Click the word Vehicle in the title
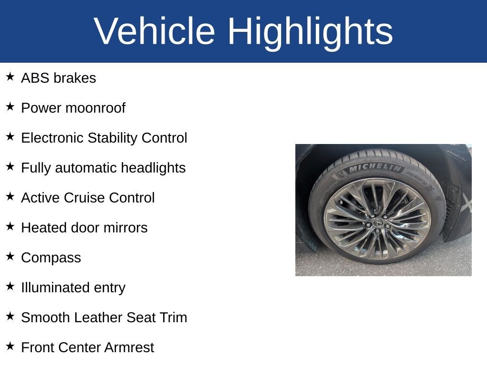coord(154,31)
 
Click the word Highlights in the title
coord(310,33)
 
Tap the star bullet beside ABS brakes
coord(10,77)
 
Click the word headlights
coord(153,168)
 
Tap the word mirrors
coord(126,228)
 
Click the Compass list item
coord(51,258)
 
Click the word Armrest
coord(129,347)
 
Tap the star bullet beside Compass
coord(10,256)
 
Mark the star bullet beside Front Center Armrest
coord(10,346)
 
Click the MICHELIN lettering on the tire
coord(375,167)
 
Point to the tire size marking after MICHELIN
coord(417,179)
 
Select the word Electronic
coord(52,138)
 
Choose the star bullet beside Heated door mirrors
coord(10,226)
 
